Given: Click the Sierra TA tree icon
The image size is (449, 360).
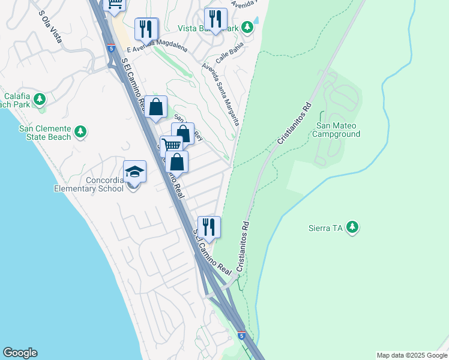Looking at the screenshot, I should (354, 227).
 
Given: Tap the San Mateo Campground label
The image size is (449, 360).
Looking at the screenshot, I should (337, 130).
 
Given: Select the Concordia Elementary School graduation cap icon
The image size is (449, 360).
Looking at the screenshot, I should (134, 172).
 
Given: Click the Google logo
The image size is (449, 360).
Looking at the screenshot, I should (20, 353).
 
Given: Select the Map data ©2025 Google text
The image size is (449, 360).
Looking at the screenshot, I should (411, 355).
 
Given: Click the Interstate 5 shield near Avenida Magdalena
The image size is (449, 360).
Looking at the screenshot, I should (111, 47).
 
